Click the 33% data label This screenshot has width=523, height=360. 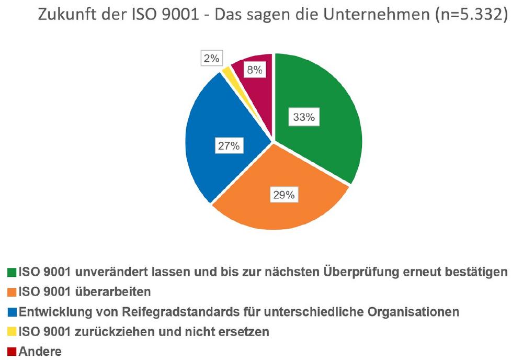[x=304, y=118]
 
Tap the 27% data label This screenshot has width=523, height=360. [x=228, y=146]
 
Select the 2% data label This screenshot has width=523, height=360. [x=211, y=59]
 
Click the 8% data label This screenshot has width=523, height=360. [x=255, y=70]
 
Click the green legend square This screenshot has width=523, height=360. [x=12, y=272]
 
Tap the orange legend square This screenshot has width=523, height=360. [x=12, y=292]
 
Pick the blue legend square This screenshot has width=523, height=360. [x=12, y=312]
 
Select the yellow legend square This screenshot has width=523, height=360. [x=12, y=332]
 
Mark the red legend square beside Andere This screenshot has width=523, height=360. [x=12, y=352]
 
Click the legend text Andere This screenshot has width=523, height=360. [x=40, y=352]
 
